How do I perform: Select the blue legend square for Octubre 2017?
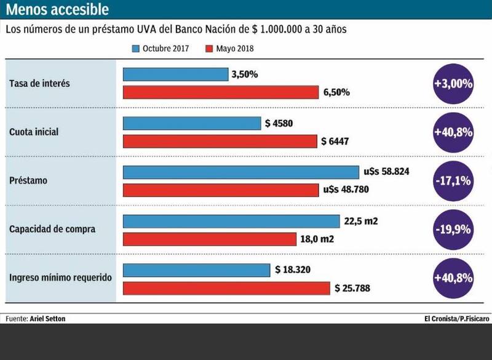tap(136, 49)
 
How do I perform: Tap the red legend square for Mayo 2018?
tap(209, 49)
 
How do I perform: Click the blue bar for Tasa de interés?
tap(175, 74)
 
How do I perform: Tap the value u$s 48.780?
tap(346, 190)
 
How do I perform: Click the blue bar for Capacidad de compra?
tap(231, 221)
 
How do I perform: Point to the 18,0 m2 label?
tap(317, 239)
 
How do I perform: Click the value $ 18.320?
tap(296, 270)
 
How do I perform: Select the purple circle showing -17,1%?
tap(453, 181)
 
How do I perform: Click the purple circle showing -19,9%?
tap(453, 230)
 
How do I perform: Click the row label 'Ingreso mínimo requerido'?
tap(60, 278)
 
